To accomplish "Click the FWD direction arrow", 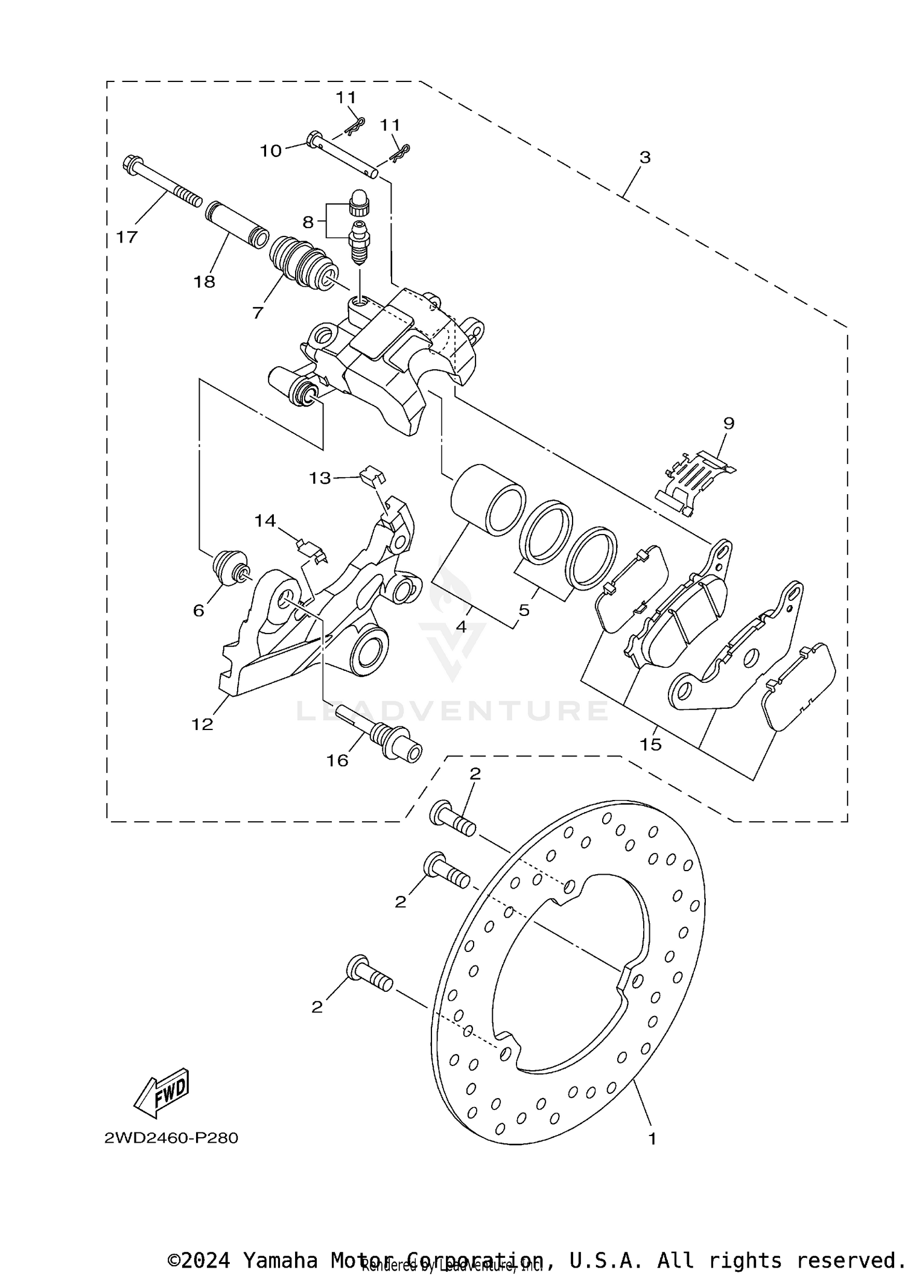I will pyautogui.click(x=162, y=1093).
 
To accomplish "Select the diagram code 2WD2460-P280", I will pyautogui.click(x=171, y=1138).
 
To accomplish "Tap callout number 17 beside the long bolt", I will pyautogui.click(x=127, y=237).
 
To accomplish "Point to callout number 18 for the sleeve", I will pyautogui.click(x=205, y=281).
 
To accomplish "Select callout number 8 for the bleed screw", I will pyautogui.click(x=308, y=223).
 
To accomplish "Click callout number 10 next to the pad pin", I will pyautogui.click(x=271, y=150).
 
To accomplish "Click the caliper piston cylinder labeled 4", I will pyautogui.click(x=487, y=500).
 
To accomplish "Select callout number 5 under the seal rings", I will pyautogui.click(x=524, y=610).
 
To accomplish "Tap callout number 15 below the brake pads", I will pyautogui.click(x=651, y=744).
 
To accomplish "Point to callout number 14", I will pyautogui.click(x=265, y=521).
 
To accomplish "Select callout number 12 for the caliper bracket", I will pyautogui.click(x=203, y=724).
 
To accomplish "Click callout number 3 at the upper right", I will pyautogui.click(x=645, y=157).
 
